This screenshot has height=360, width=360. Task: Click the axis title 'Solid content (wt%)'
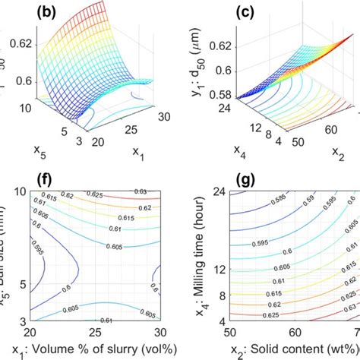pyautogui.click(x=297, y=351)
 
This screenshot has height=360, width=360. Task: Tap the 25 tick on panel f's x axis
pyautogui.click(x=93, y=333)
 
